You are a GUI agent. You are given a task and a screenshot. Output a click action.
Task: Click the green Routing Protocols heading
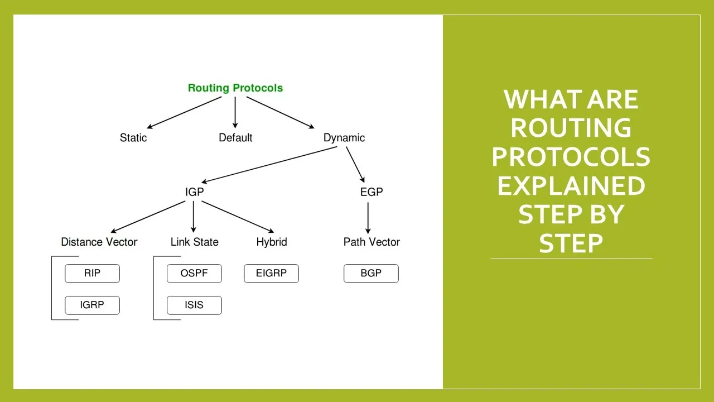point(235,88)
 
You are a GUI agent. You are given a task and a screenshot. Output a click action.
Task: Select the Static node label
point(133,138)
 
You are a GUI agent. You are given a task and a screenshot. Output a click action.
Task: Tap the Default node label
point(235,138)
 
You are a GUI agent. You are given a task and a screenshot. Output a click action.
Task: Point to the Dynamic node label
point(344,138)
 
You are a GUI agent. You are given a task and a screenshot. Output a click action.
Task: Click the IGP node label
point(195,192)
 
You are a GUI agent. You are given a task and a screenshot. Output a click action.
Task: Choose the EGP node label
point(372,192)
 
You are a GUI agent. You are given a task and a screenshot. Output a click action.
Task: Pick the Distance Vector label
point(99,242)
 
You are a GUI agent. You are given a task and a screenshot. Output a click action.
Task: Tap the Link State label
point(195,242)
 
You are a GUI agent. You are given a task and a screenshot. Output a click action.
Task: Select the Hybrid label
point(272,242)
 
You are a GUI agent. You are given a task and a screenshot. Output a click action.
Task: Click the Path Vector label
point(372,242)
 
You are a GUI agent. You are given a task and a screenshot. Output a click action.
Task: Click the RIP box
point(93,274)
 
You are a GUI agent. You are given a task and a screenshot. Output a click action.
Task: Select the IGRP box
point(93,305)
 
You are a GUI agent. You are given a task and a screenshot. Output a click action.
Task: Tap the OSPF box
point(195,274)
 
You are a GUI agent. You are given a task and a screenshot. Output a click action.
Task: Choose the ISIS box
point(195,305)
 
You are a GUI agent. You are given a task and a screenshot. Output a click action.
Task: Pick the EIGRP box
point(272,274)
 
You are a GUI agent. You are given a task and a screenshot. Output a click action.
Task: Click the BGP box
point(371,274)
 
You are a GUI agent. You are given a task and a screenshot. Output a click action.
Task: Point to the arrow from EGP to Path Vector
point(368,218)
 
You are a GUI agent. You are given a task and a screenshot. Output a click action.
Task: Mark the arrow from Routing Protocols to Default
point(235,112)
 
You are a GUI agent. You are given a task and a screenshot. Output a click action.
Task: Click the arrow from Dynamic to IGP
point(269,165)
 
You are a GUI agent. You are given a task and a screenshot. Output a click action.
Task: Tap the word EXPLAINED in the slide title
point(571,186)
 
